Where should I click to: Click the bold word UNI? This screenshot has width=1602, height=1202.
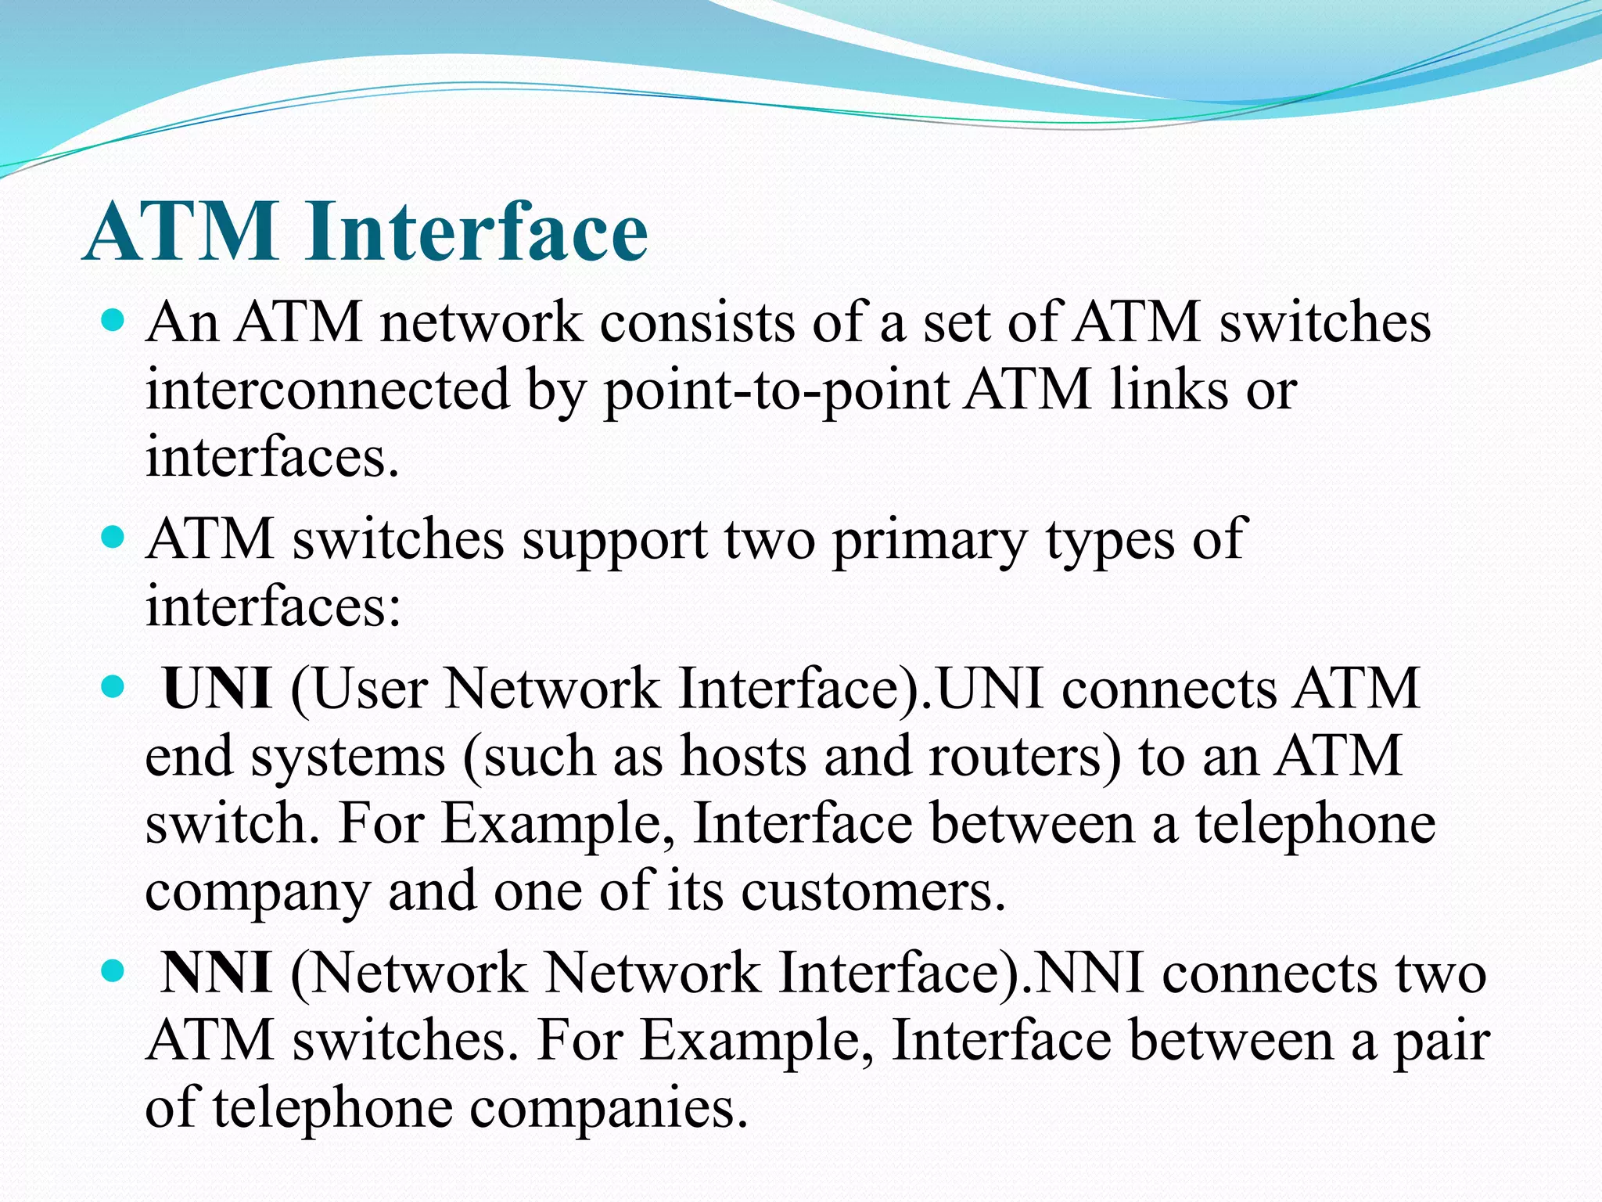coord(217,689)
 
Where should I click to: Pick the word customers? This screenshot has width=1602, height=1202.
coord(871,891)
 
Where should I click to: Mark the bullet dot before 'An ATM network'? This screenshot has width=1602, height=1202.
coord(113,321)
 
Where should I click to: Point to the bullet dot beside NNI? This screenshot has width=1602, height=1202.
coord(113,972)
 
